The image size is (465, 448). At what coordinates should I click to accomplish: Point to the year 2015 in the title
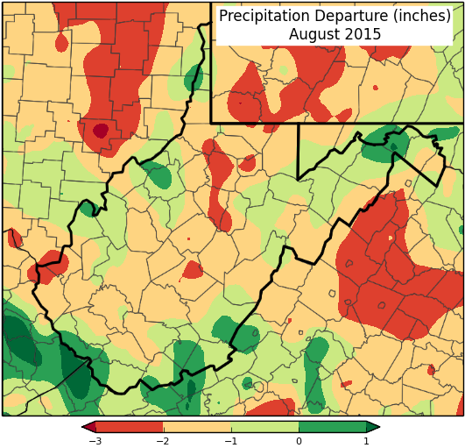[x=363, y=35]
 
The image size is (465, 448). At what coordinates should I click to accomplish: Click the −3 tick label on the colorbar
[x=95, y=441]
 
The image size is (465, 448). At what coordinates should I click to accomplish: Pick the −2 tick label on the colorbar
[x=163, y=441]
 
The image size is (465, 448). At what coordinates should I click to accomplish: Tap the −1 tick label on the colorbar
[x=230, y=441]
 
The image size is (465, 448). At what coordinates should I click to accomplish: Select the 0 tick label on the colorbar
[x=299, y=441]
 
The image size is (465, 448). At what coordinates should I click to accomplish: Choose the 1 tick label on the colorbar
[x=366, y=441]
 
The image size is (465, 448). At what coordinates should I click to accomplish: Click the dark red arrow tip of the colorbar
[x=87, y=427]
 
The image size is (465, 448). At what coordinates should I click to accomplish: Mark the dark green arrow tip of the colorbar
[x=374, y=427]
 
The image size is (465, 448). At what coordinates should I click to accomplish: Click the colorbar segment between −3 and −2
[x=129, y=427]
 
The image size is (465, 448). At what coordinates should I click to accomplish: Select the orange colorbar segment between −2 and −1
[x=197, y=427]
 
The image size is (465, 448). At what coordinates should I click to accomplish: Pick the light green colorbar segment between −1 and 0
[x=264, y=427]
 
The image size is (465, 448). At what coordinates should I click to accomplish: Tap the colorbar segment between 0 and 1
[x=333, y=427]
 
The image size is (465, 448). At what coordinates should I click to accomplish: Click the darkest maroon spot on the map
[x=101, y=132]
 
